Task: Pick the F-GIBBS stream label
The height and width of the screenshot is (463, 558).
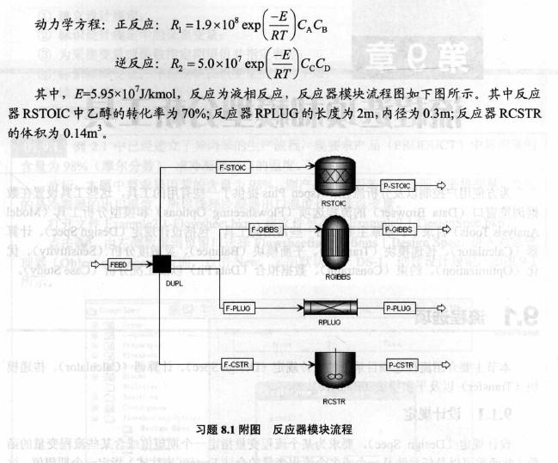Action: click(264, 230)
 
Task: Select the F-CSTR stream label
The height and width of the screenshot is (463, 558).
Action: click(238, 364)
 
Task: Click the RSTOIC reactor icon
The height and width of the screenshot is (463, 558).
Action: click(337, 179)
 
